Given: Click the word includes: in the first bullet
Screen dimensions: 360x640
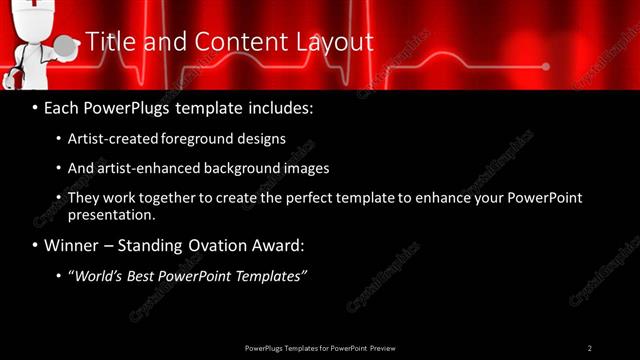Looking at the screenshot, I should [x=279, y=106].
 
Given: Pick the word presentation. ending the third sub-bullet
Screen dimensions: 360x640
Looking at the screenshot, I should [x=111, y=214].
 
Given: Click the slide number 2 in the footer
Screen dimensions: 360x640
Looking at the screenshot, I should [x=589, y=348].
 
